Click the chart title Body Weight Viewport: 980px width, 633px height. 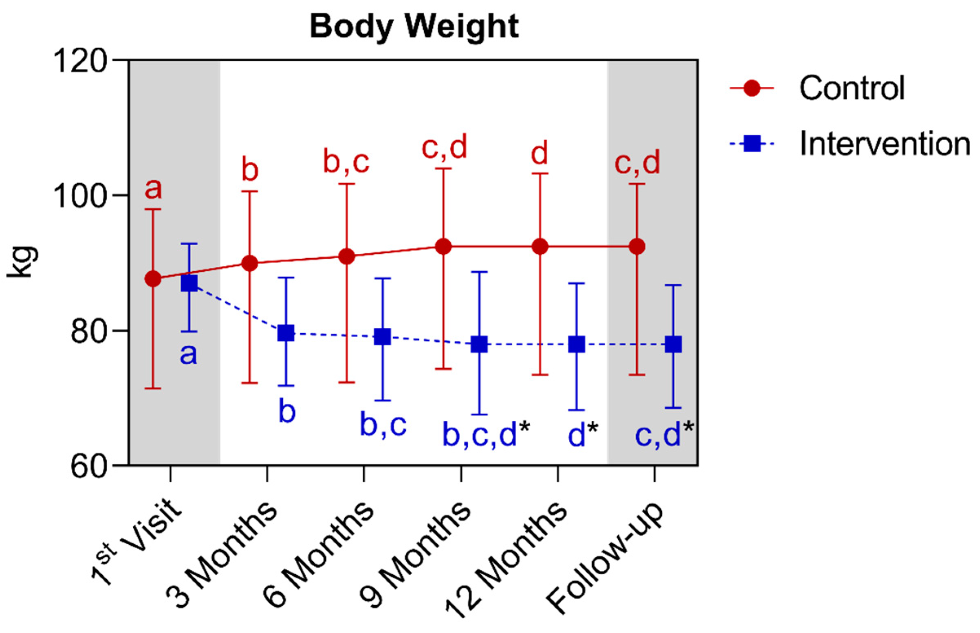point(414,27)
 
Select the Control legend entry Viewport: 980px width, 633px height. point(851,88)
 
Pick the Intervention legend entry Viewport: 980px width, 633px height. point(884,144)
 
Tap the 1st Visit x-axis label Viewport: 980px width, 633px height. point(136,543)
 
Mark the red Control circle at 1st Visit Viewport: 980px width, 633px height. point(153,279)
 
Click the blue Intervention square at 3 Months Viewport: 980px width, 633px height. point(286,333)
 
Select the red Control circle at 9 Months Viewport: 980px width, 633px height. point(444,246)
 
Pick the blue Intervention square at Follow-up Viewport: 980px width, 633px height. point(673,344)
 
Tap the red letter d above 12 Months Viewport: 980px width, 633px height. point(540,153)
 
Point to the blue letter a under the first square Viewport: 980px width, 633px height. point(188,354)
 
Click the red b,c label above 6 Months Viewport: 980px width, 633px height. point(346,162)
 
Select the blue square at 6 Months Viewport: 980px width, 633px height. point(382,337)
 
